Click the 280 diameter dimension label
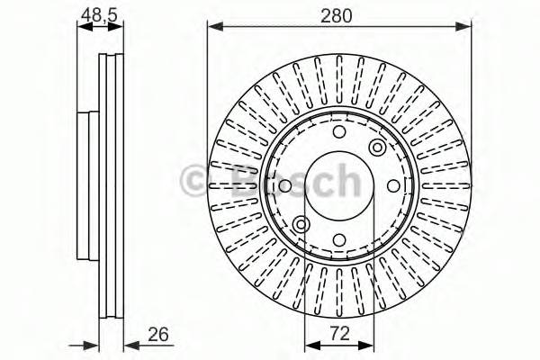pos(340,14)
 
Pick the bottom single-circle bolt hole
pos(338,238)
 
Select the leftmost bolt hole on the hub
pos(286,187)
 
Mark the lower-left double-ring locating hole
pos(301,224)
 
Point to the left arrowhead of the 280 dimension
pos(212,27)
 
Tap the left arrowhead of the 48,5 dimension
pos(82,27)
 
